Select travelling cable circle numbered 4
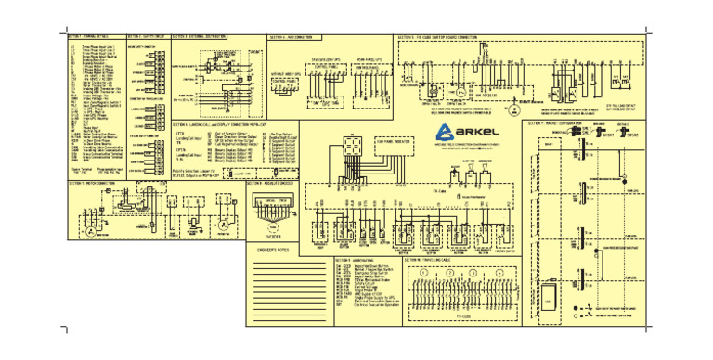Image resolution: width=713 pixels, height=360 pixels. (499, 274)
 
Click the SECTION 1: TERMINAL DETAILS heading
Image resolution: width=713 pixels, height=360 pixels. (88, 36)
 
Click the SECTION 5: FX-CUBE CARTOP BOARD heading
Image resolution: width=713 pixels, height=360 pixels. (436, 36)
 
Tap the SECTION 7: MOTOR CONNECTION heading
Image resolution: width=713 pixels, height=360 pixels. (92, 183)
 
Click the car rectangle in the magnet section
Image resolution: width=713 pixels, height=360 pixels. (550, 302)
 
